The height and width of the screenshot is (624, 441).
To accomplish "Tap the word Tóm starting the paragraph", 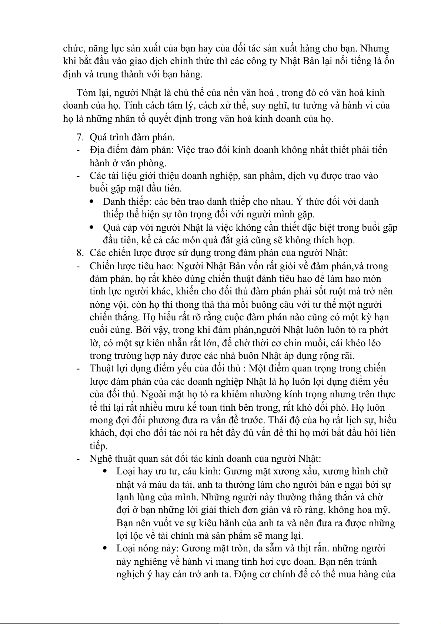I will (x=86, y=93).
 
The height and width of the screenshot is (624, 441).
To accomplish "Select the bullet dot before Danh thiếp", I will (x=93, y=202).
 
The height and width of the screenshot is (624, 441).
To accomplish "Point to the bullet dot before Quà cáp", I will (x=93, y=227).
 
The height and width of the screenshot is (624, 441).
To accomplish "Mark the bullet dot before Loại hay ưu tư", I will (x=106, y=471).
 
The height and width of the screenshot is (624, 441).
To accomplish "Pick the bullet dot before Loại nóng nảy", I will (x=106, y=548).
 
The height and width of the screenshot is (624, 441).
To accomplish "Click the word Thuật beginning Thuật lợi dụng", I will (x=101, y=368).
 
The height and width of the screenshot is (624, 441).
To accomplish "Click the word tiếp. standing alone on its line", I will (x=98, y=446).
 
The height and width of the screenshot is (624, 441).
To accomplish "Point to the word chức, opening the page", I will (x=74, y=49).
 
